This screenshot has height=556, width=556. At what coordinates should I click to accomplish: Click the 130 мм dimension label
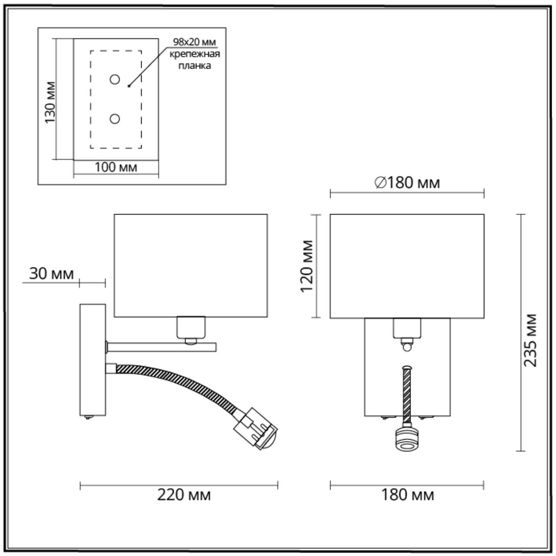pos(51,102)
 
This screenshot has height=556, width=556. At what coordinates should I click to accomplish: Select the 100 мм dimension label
pos(116,167)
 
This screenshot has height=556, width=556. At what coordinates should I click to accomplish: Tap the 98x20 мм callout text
pos(194,42)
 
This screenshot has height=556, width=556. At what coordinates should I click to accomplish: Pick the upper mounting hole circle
pos(115,79)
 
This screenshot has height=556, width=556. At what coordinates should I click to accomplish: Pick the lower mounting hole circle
pos(115,119)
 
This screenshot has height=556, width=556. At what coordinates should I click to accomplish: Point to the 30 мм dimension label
pos(51,274)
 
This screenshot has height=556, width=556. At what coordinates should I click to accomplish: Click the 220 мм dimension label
pos(184,495)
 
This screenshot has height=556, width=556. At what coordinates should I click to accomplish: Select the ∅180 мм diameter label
pos(407,183)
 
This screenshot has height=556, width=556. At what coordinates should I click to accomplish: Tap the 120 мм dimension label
pos(308,266)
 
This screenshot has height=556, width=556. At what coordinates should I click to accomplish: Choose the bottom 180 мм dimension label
pos(407,495)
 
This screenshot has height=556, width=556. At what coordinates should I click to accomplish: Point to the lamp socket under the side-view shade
pos(191,327)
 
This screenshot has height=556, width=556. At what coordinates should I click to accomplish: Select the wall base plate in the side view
pos(93,360)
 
